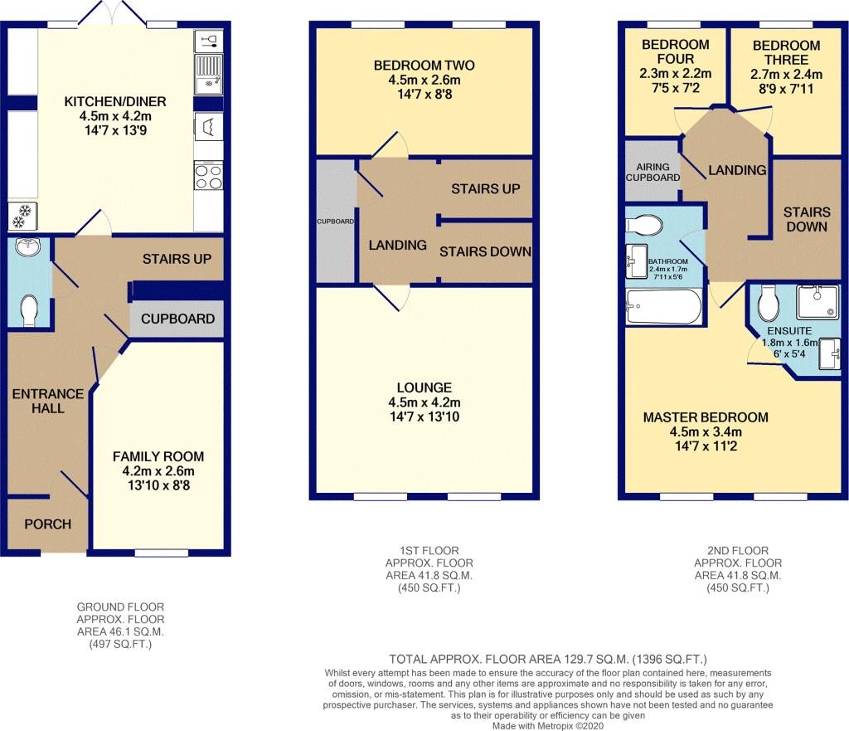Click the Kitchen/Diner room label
[114, 101]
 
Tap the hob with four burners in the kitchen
[208, 176]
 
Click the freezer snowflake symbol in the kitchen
[22, 215]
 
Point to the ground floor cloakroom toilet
[29, 311]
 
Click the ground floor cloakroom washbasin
[27, 247]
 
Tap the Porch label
[47, 524]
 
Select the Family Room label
[158, 456]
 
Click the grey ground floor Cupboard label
[177, 319]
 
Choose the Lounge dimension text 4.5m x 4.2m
[424, 402]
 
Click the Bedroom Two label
[424, 66]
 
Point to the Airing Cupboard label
[653, 173]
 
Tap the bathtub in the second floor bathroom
[664, 306]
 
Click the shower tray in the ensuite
[817, 300]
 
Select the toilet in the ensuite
[768, 304]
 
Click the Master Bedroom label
[706, 417]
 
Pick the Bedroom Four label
[675, 51]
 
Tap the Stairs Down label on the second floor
[807, 219]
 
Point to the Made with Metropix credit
[548, 725]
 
